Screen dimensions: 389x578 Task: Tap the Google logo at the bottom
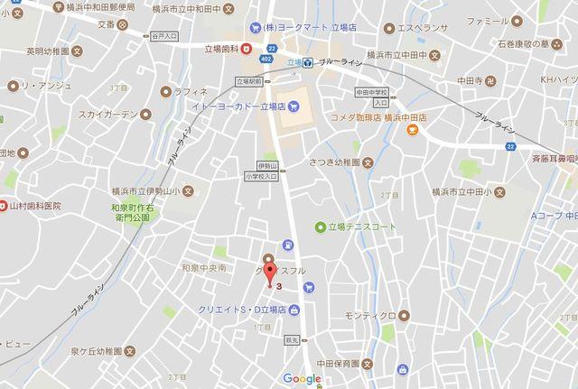click(x=301, y=379)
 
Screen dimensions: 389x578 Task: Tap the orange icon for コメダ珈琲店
click(x=412, y=130)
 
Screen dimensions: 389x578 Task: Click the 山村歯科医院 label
click(x=38, y=206)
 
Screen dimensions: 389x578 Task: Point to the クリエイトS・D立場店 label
click(x=242, y=309)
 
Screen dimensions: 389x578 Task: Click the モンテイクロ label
click(x=368, y=316)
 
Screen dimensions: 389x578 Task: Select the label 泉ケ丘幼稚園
click(x=80, y=352)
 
